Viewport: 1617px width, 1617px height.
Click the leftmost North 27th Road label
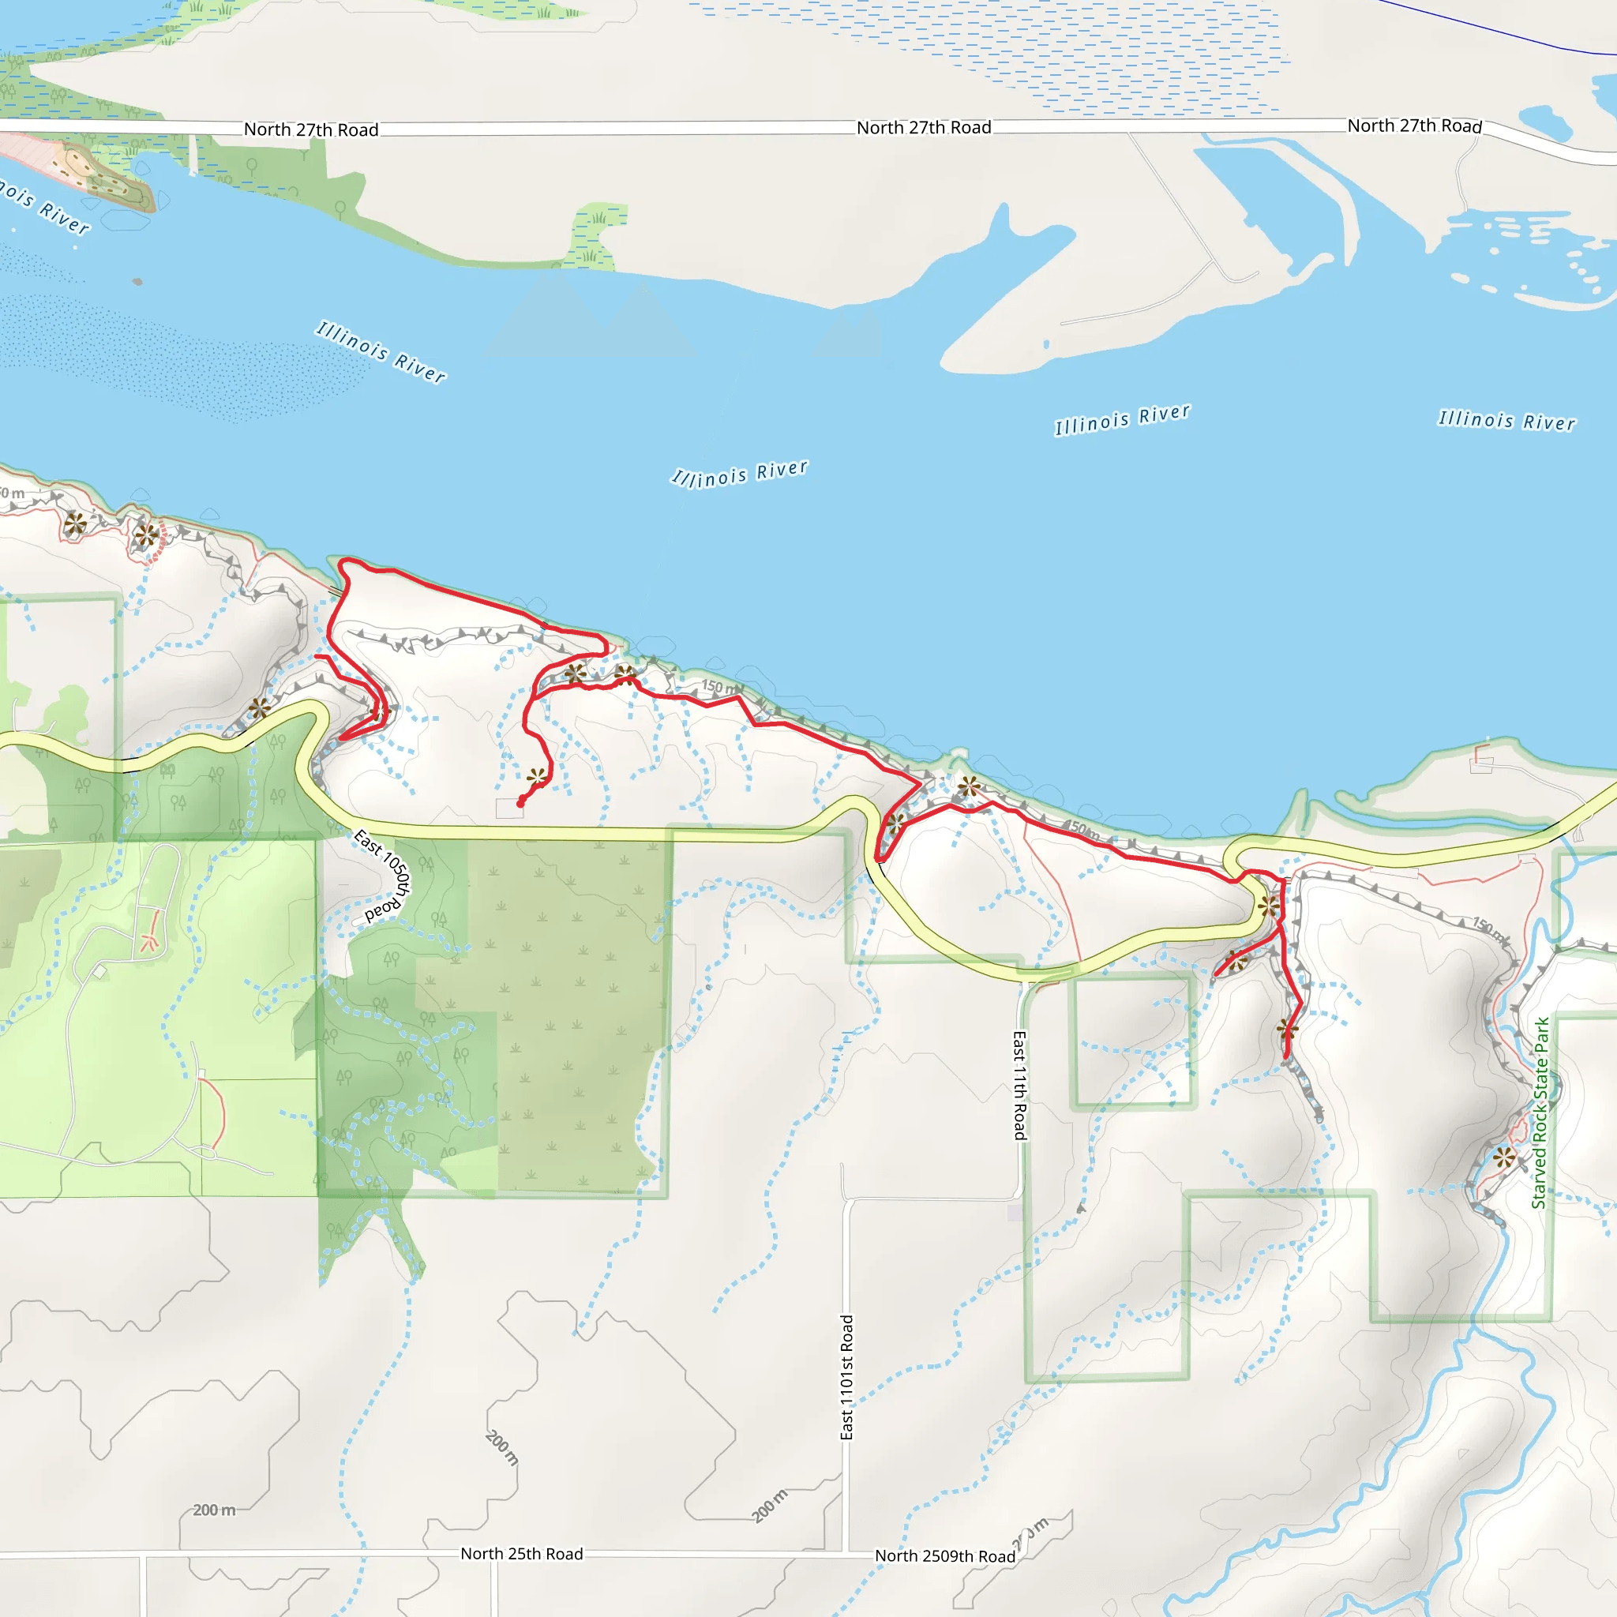(x=310, y=129)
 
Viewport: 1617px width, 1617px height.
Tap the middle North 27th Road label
(x=923, y=128)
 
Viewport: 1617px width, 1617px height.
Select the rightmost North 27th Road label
(x=1414, y=126)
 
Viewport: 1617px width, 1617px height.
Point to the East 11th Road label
(x=1019, y=1085)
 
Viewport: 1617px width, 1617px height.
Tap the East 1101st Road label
(x=847, y=1378)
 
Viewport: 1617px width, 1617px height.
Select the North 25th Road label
(x=521, y=1553)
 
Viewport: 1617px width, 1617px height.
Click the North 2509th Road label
(x=945, y=1556)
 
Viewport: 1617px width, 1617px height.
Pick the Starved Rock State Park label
(x=1540, y=1112)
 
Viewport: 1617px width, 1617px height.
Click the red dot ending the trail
(x=520, y=804)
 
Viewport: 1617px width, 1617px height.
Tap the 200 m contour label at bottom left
(x=213, y=1510)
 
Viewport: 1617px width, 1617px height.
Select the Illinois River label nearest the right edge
(x=1506, y=420)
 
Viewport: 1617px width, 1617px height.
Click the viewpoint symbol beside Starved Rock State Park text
(x=1504, y=1158)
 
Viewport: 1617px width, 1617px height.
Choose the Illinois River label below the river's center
(x=740, y=474)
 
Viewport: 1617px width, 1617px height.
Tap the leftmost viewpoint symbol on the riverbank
(x=75, y=525)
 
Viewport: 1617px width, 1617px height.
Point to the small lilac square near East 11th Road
(x=1015, y=1213)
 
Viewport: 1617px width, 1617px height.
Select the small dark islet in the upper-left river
(x=137, y=281)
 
